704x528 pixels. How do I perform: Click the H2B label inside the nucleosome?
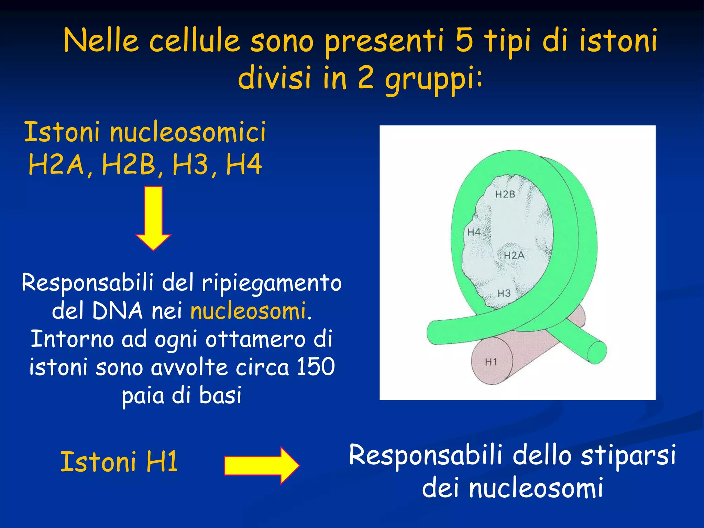pos(505,195)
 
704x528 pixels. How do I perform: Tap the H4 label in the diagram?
pos(474,232)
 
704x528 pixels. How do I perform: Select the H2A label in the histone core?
pos(514,255)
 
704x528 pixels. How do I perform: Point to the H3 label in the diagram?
pos(504,293)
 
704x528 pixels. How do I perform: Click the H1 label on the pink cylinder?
pos(491,362)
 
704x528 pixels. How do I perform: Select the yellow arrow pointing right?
pos(261,465)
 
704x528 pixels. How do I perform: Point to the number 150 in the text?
pos(316,366)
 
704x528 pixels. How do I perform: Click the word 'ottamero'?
pos(255,339)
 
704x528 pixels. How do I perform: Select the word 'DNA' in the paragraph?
pos(117,311)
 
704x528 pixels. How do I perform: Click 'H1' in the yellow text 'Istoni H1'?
pos(162,461)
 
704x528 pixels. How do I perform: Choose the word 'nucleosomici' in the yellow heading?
pos(188,132)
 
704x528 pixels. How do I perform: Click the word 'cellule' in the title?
pos(194,41)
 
